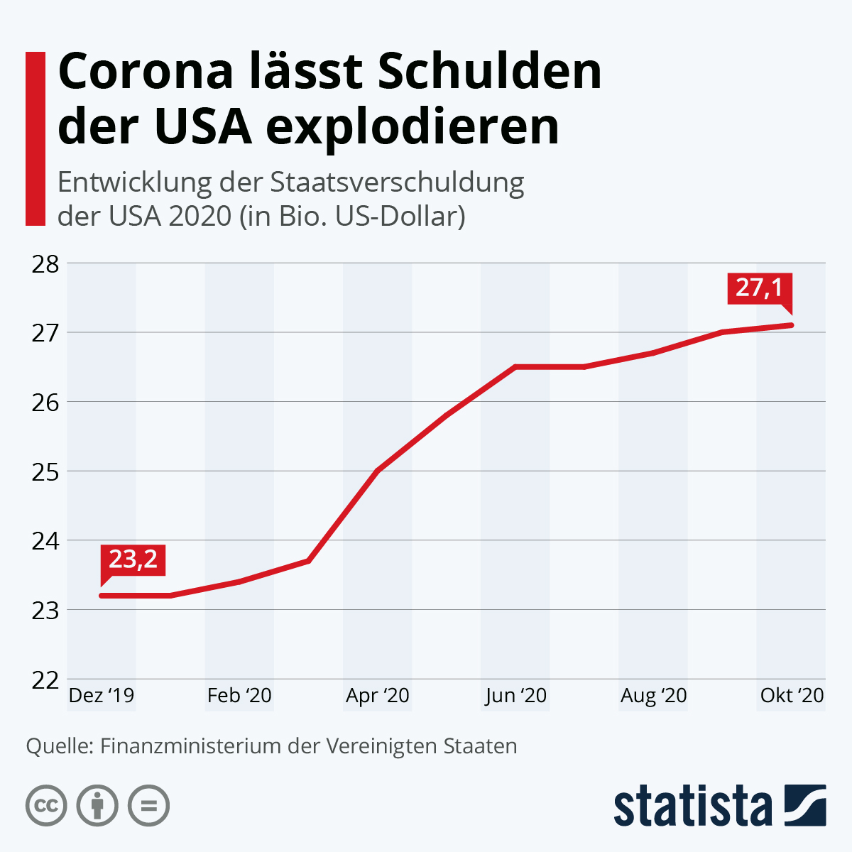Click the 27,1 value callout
pyautogui.click(x=758, y=288)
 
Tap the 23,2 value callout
pyautogui.click(x=133, y=559)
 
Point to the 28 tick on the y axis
pyautogui.click(x=45, y=263)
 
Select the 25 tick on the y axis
pyautogui.click(x=45, y=471)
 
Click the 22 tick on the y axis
pyautogui.click(x=45, y=679)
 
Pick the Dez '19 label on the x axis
pyautogui.click(x=102, y=696)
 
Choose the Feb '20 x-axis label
pyautogui.click(x=239, y=696)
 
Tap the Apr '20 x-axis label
pyautogui.click(x=378, y=696)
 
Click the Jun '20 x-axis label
pyautogui.click(x=516, y=696)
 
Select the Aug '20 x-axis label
pyautogui.click(x=654, y=696)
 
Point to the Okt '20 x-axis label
pyautogui.click(x=792, y=696)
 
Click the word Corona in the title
pyautogui.click(x=146, y=72)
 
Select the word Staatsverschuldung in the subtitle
pyautogui.click(x=397, y=183)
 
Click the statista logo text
pyautogui.click(x=692, y=806)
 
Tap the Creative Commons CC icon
pyautogui.click(x=46, y=806)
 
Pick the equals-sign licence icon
pyautogui.click(x=148, y=806)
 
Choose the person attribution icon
pyautogui.click(x=97, y=806)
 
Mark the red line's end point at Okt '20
pyautogui.click(x=791, y=325)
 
